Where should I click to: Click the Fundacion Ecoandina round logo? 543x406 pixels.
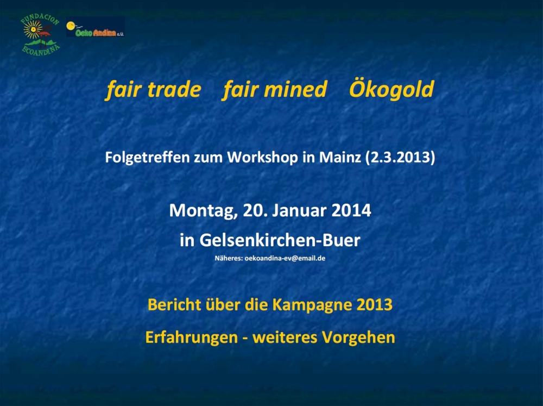pos(40,35)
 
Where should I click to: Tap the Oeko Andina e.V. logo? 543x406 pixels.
pos(95,27)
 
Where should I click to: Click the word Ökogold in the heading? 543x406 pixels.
pos(392,90)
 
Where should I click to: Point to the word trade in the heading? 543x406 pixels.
pos(174,90)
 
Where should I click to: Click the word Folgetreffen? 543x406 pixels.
pos(147,158)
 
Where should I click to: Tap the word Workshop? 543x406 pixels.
pos(262,158)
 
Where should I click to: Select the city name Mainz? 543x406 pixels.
pos(340,158)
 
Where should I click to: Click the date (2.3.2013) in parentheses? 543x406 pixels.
pos(400,158)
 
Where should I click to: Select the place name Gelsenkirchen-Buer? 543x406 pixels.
pos(280,240)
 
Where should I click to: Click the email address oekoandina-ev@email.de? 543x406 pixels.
pos(285,258)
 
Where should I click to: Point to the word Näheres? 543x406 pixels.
pos(229,258)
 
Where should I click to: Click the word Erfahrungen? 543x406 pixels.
pos(192,338)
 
